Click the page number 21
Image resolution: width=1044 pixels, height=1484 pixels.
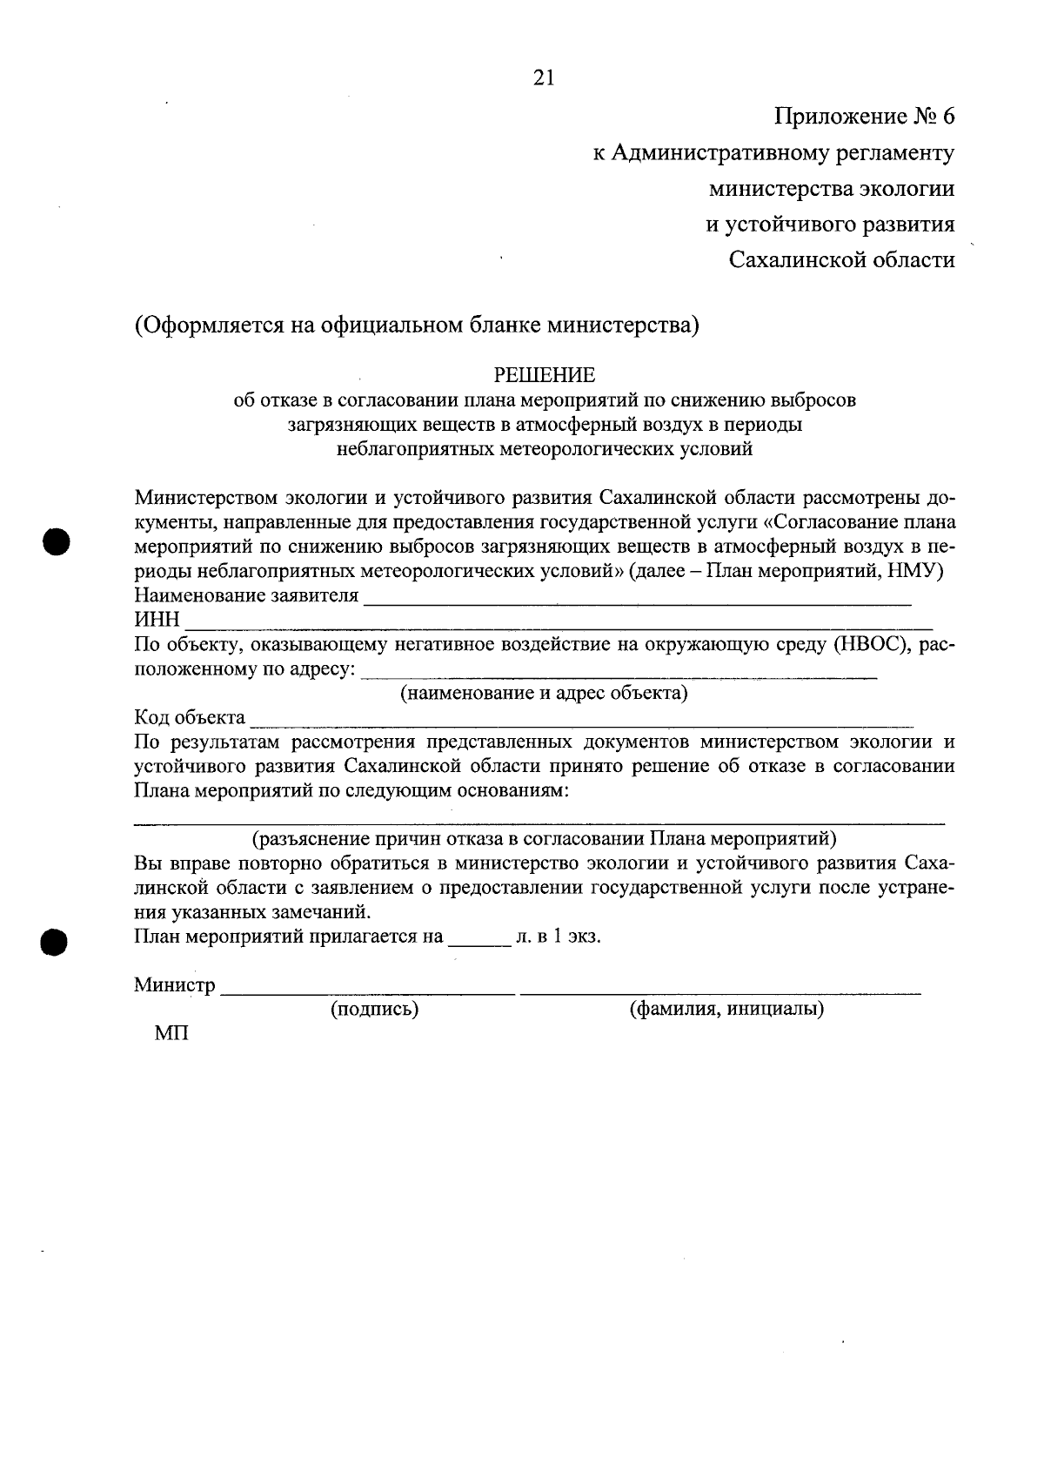543,78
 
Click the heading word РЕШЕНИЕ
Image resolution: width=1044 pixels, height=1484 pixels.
545,375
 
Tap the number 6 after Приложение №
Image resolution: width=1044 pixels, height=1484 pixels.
947,116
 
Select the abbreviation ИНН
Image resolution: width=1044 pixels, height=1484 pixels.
157,620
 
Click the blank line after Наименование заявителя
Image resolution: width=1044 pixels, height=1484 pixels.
637,601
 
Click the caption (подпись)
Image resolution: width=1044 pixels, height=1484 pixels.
374,1010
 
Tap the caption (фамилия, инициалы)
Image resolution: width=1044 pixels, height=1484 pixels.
726,1010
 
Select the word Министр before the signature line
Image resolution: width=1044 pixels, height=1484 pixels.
175,985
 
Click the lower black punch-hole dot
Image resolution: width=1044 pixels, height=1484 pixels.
55,943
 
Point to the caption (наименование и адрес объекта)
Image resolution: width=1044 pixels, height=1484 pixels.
544,694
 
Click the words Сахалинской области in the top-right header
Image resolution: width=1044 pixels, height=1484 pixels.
841,260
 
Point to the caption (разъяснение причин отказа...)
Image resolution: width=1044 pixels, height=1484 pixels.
544,839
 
